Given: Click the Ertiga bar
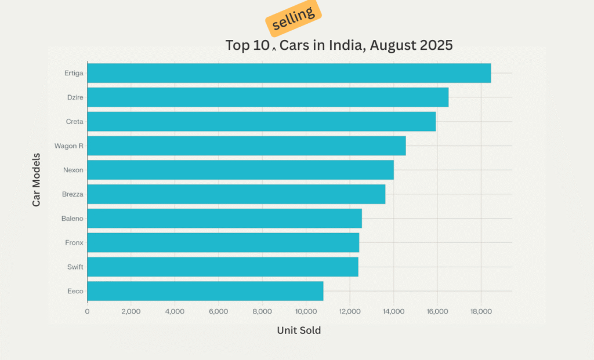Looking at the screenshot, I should [289, 73].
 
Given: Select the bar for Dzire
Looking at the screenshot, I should [267, 97].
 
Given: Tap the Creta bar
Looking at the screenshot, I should [261, 122].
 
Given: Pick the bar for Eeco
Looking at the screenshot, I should [205, 291].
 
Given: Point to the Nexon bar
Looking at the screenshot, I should [240, 170].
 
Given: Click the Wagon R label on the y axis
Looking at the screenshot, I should [68, 146].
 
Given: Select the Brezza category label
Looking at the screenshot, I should [73, 194].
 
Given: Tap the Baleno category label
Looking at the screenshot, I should [72, 219].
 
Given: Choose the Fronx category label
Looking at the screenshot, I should [74, 243].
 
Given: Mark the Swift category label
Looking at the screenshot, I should [75, 267].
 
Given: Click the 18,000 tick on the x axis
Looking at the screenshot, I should [481, 311].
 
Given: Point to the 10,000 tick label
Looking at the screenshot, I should [306, 311].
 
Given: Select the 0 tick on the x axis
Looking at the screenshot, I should [87, 311].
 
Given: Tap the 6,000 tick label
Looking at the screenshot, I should [218, 311].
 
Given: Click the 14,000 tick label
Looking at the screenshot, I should [393, 311].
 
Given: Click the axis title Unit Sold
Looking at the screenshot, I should [299, 330].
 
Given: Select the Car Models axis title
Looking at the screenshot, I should [37, 180].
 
